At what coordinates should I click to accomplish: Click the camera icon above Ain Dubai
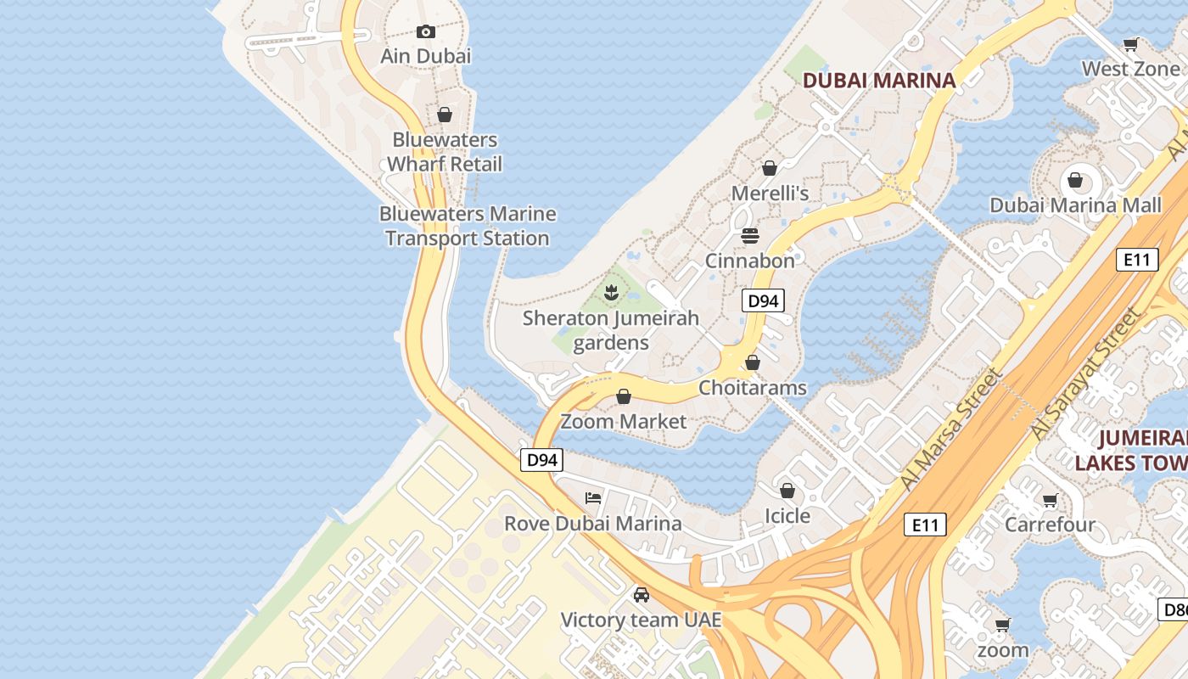click(x=426, y=32)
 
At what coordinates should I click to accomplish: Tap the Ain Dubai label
click(x=426, y=56)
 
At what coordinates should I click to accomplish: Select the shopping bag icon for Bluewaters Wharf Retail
click(x=445, y=115)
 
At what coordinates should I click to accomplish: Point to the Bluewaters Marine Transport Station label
click(x=468, y=226)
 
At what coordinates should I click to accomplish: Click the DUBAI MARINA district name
click(x=879, y=81)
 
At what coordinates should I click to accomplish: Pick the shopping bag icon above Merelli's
click(x=770, y=169)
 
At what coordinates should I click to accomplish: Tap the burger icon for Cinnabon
click(x=750, y=235)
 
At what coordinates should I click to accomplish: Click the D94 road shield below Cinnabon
click(x=763, y=300)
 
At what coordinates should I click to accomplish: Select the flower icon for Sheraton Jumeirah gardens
click(x=610, y=294)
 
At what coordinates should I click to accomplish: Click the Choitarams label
click(x=753, y=388)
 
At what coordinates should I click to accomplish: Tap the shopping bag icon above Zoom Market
click(x=624, y=396)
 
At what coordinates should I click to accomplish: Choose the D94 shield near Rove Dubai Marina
click(x=541, y=460)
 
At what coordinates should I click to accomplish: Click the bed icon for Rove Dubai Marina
click(x=593, y=498)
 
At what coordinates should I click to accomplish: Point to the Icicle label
click(x=787, y=516)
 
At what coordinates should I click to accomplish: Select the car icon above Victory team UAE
click(x=642, y=595)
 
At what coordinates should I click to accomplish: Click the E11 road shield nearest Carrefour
click(x=924, y=525)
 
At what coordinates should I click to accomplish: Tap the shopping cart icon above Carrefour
click(x=1051, y=501)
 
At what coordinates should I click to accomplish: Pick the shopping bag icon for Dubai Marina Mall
click(x=1075, y=180)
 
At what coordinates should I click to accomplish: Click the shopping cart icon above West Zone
click(x=1131, y=44)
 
